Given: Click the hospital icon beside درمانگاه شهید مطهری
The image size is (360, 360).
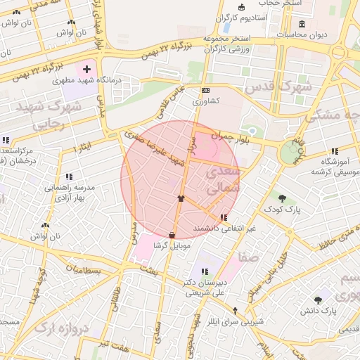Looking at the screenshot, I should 87,69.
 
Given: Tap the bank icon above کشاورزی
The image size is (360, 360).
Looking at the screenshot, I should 205,90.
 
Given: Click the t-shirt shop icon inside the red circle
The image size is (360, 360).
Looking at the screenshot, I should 181,199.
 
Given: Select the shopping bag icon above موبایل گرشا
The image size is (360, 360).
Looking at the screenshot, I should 173,233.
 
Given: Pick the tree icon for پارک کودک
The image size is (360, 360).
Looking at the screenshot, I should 282,198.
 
